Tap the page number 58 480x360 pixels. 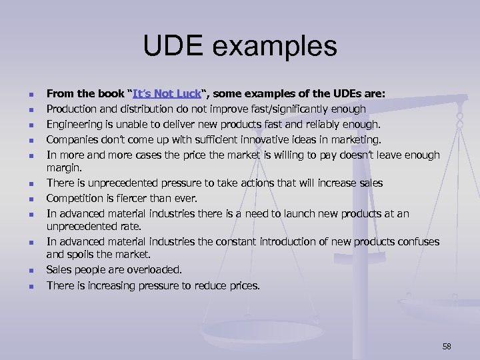447,346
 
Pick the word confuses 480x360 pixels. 416,241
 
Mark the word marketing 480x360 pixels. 355,139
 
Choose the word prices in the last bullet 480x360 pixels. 243,285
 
